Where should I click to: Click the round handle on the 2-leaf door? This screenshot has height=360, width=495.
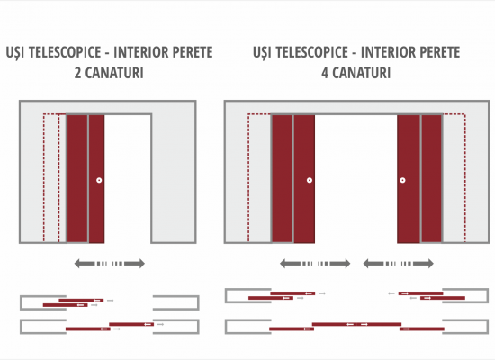pos(99,180)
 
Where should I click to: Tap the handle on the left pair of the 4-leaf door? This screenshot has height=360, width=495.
pos(310,180)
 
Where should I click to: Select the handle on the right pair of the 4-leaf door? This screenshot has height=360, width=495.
pos(402,180)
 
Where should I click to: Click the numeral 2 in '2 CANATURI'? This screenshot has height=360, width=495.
pos(78,73)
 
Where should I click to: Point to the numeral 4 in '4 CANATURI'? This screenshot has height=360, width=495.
pos(325,73)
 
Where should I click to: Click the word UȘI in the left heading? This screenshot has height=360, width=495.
pos(15,53)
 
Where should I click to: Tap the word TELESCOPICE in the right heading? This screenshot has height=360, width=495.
pos(312,52)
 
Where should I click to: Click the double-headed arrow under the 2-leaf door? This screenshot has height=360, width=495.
pos(110,264)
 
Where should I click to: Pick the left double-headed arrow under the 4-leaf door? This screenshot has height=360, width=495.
pos(315,264)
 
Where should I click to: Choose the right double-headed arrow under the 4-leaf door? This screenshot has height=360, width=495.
pos(398,264)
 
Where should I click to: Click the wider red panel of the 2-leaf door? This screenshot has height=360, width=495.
pos(77,179)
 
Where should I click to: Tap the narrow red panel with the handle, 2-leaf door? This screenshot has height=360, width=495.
pos(96,179)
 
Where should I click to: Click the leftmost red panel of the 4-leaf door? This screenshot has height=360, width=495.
pos(283,179)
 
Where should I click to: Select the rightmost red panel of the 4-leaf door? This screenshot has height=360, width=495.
pos(431,179)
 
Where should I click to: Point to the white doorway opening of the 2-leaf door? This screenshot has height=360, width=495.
pos(128,179)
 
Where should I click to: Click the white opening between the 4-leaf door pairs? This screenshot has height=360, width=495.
pos(355,179)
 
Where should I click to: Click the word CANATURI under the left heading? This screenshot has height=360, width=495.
pos(114,73)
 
